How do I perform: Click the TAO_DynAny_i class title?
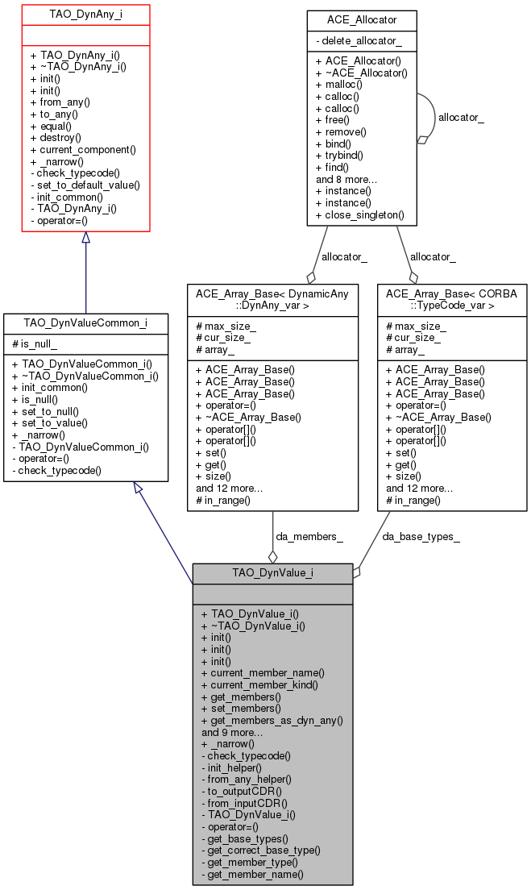85,15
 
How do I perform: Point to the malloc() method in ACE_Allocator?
338,84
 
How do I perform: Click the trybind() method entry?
339,155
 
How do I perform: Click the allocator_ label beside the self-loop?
461,118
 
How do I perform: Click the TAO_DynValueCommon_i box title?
85,323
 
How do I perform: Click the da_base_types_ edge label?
421,536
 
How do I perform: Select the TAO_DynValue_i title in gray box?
272,573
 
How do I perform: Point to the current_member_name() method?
262,672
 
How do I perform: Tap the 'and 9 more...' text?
232,732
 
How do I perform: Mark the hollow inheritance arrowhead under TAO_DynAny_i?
85,238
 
